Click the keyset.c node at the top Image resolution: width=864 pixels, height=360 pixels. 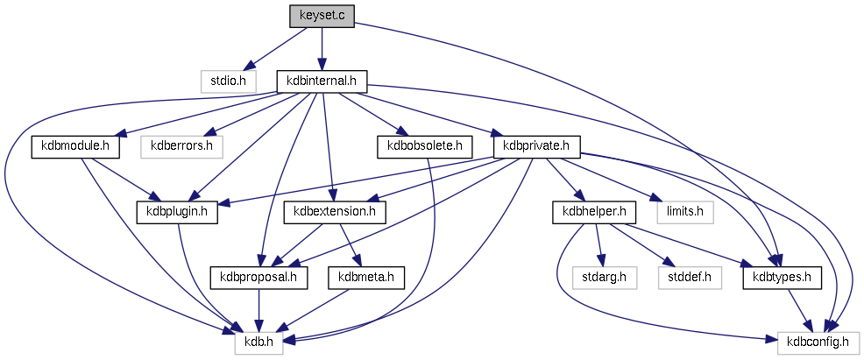click(322, 16)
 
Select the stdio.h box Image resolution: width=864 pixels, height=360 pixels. click(228, 81)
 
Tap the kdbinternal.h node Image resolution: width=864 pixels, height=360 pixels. click(322, 81)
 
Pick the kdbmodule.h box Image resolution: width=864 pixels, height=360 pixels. click(75, 145)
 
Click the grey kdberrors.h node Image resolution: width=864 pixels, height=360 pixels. click(181, 145)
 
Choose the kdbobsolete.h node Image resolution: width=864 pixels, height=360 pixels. click(424, 145)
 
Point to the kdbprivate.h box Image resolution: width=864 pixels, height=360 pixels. click(537, 145)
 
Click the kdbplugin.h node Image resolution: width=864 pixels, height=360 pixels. click(176, 212)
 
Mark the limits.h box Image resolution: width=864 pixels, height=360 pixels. click(684, 212)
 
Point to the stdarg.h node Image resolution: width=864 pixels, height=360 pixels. click(605, 278)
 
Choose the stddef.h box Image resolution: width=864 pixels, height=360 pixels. click(688, 278)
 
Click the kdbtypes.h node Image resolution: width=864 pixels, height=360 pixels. click(782, 278)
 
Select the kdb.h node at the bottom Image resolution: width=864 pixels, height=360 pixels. click(258, 343)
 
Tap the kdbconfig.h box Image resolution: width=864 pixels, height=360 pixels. click(818, 343)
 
